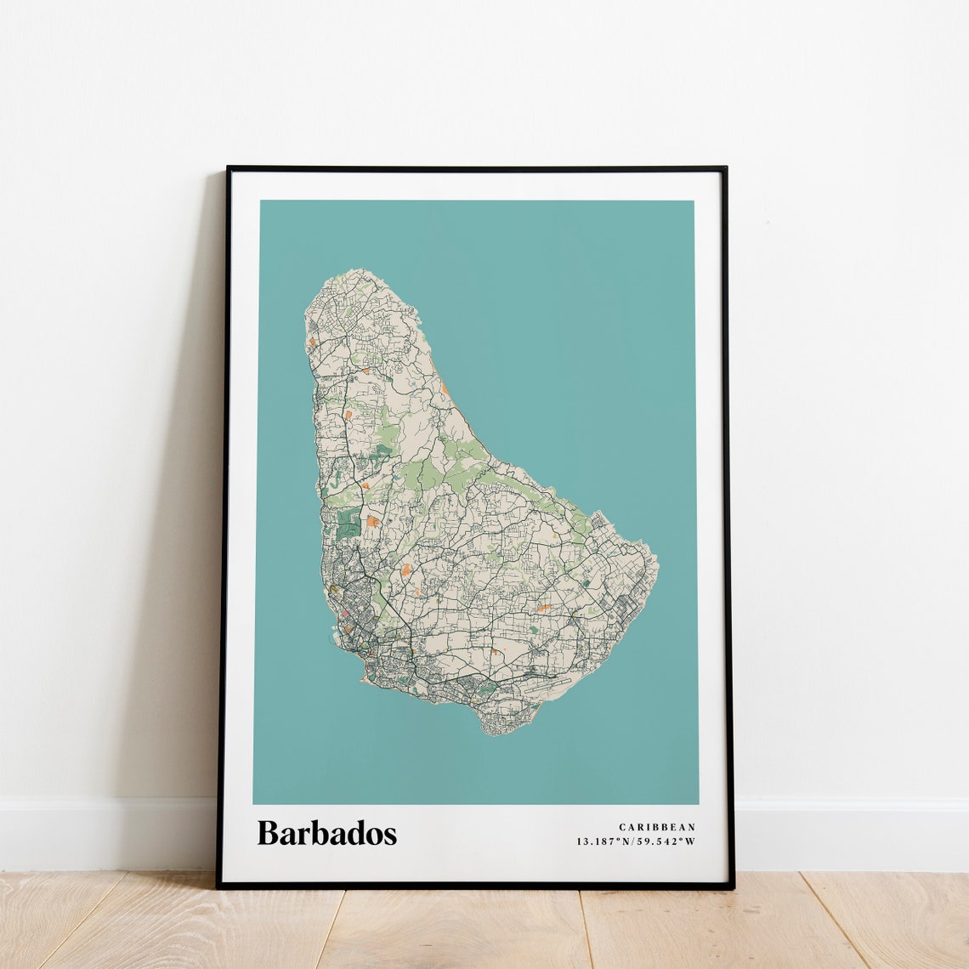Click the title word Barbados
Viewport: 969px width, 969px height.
click(326, 833)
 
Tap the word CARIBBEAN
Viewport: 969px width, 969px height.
click(657, 827)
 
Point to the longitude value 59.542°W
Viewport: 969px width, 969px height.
click(667, 841)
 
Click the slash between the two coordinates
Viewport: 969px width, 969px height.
click(636, 841)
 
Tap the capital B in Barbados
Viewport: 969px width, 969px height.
click(267, 833)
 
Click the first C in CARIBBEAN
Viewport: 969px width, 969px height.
click(622, 827)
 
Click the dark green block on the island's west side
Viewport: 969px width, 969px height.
click(348, 522)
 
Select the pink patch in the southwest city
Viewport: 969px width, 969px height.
click(346, 612)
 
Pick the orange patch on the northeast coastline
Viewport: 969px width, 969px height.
click(444, 389)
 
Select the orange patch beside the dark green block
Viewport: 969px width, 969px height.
click(373, 520)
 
